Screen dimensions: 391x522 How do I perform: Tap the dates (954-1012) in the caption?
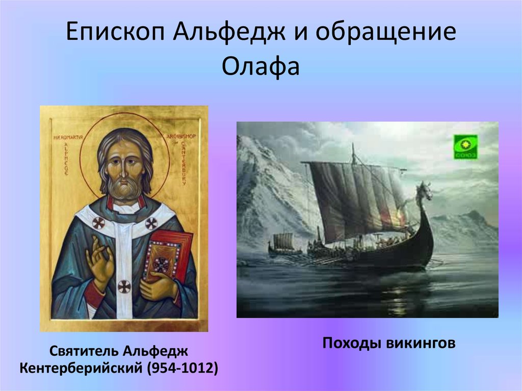(184, 368)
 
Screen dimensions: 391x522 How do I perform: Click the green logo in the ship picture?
(466, 147)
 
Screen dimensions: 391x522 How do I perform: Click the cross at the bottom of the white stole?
(124, 286)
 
